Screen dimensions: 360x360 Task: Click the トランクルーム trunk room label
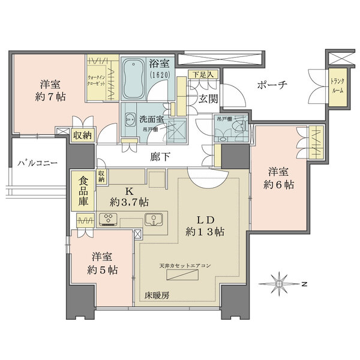tap(337, 86)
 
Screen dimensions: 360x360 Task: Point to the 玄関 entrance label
tap(208, 97)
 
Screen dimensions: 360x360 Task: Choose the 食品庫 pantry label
tap(83, 191)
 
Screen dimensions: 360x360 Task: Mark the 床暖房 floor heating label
tap(157, 295)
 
